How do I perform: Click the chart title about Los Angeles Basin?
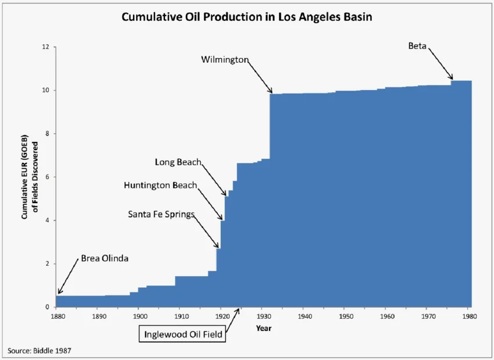tap(246, 17)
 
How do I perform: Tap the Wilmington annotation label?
tap(225, 59)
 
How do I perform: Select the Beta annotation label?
tap(417, 46)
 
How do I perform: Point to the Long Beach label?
tap(178, 162)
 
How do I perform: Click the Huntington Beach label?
tap(160, 185)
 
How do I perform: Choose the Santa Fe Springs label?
tap(162, 215)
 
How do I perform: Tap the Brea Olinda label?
tap(105, 258)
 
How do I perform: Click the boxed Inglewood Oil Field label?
tap(182, 334)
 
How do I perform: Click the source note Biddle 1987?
tap(40, 351)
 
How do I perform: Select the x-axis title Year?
tap(264, 328)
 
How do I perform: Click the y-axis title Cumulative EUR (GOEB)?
tap(24, 177)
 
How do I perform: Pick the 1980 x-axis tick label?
tap(470, 316)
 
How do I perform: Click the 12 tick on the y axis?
tap(45, 47)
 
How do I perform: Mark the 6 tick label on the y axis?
tap(47, 177)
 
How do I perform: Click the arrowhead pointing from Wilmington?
tap(271, 91)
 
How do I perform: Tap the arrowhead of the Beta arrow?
tap(451, 77)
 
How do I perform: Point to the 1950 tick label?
tap(346, 316)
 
